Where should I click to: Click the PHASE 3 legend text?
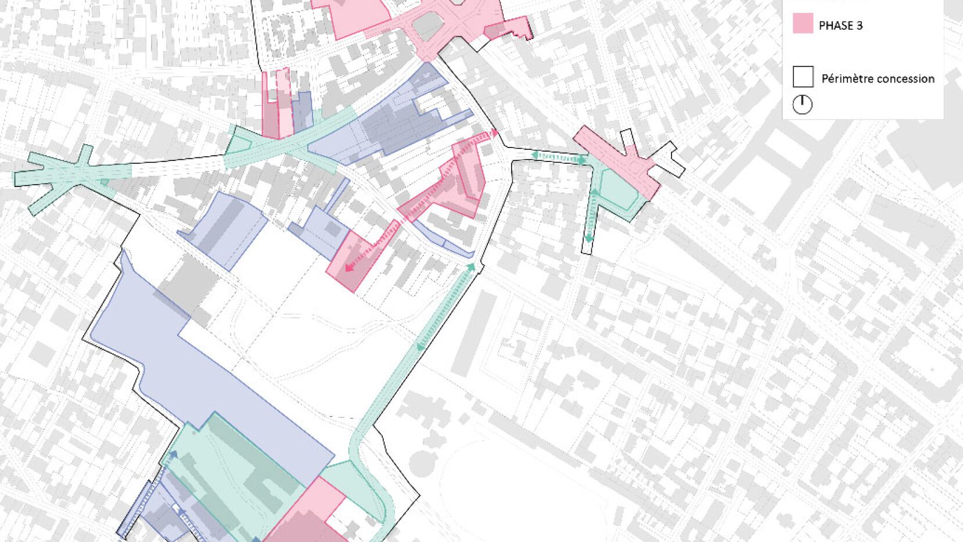(x=840, y=26)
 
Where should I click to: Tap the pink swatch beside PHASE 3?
(x=803, y=24)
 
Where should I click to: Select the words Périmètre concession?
(x=878, y=79)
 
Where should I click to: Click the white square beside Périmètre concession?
(x=803, y=77)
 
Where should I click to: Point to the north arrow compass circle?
(x=802, y=105)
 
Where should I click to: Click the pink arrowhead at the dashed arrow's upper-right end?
(x=494, y=133)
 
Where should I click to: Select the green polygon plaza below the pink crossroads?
(x=617, y=192)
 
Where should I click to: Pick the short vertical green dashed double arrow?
(x=591, y=216)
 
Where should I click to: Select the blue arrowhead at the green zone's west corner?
(x=173, y=455)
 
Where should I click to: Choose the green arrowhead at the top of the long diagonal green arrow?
(x=471, y=267)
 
